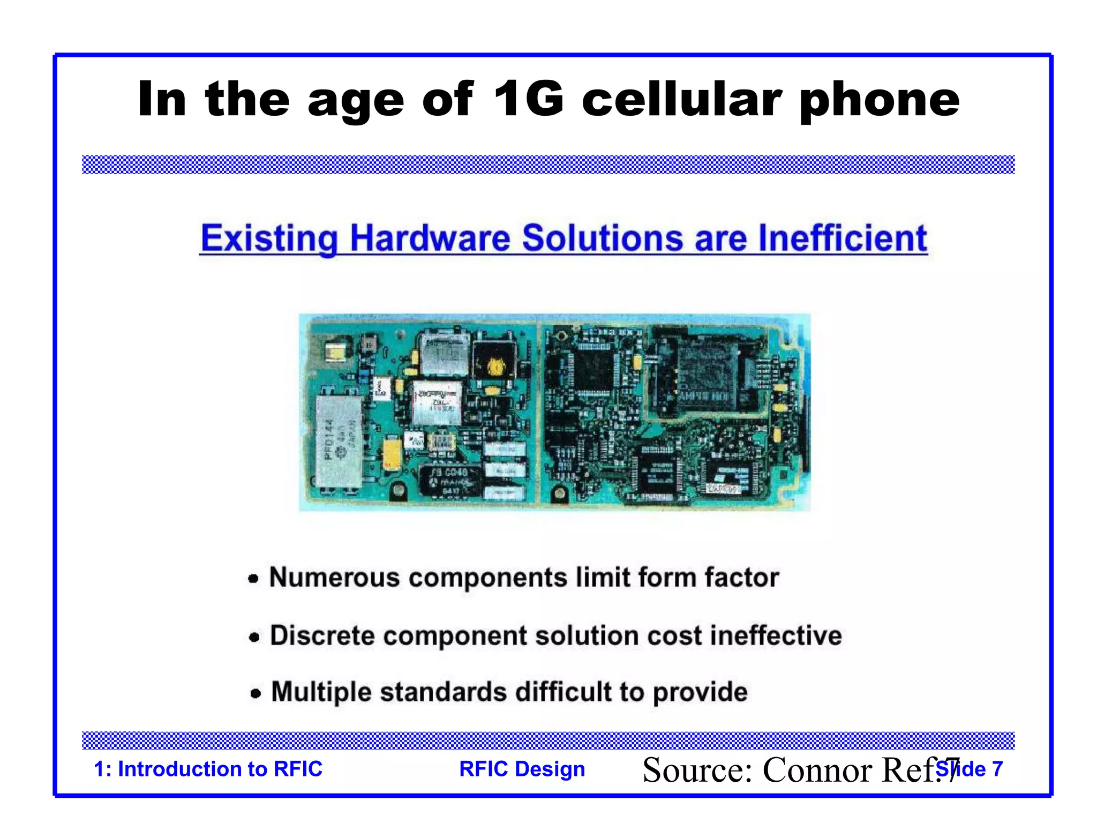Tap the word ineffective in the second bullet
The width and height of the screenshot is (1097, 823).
pos(776,635)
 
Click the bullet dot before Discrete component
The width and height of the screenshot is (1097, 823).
pos(254,637)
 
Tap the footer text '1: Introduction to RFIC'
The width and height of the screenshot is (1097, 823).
pos(208,769)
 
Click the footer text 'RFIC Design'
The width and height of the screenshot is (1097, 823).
pos(522,769)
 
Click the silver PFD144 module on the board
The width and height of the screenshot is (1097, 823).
pos(339,440)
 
